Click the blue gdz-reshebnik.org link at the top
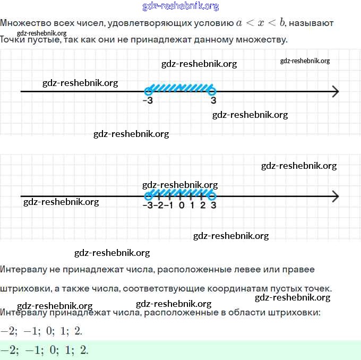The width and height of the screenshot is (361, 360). [180, 6]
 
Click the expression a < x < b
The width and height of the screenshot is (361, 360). [261, 23]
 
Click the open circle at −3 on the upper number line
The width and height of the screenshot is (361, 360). [148, 91]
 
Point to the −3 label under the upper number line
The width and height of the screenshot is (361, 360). [148, 101]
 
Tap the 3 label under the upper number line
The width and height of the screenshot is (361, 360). [213, 101]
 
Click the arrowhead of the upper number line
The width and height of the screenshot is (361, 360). [334, 91]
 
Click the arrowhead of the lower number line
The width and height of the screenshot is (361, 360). [334, 196]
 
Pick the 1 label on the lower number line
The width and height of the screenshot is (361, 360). [192, 206]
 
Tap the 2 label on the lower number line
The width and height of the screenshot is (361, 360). [202, 206]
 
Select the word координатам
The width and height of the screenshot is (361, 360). [228, 288]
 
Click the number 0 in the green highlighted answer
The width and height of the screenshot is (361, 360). [50, 350]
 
